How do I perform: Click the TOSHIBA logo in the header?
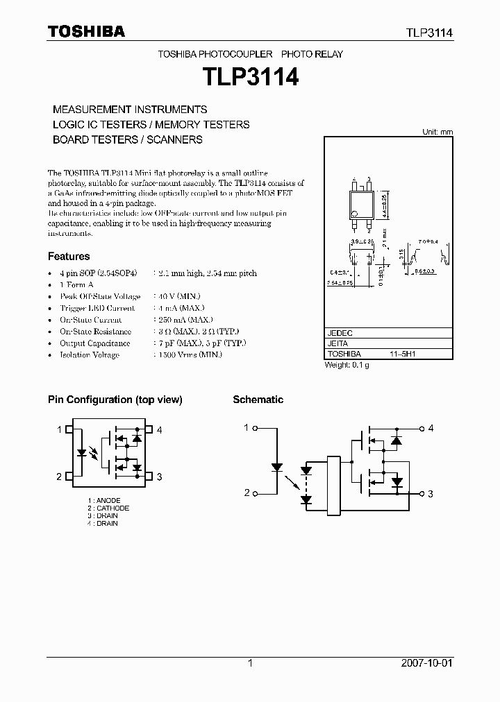point(86,31)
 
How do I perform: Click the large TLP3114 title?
point(250,77)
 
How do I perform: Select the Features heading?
point(69,256)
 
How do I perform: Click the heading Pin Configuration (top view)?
point(115,400)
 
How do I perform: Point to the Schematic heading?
point(258,400)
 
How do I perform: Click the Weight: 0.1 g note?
point(347,365)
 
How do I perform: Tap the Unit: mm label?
point(437,132)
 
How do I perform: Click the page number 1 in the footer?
point(250,663)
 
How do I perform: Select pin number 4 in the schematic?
point(431,428)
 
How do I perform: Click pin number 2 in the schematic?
point(246,493)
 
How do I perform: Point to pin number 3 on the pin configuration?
point(159,476)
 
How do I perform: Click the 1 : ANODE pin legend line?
point(104,501)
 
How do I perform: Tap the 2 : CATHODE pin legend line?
point(108,508)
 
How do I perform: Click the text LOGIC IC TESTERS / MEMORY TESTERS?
point(151,125)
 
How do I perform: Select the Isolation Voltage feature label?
point(90,355)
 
